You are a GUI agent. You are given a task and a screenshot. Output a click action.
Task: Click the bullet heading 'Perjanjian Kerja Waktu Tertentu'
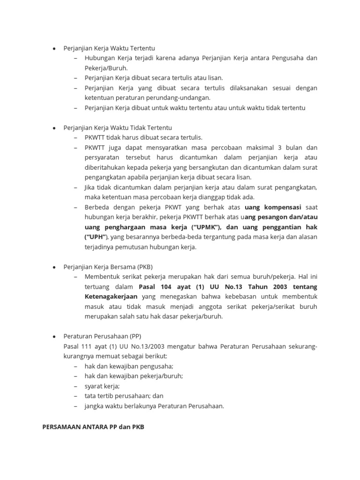[109, 48]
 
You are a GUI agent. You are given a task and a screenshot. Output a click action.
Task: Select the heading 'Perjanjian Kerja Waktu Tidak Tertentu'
[118, 127]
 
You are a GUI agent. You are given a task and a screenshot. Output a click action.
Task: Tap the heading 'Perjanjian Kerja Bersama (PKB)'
[108, 267]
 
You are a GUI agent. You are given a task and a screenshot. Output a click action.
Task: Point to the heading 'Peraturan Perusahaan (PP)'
[102, 336]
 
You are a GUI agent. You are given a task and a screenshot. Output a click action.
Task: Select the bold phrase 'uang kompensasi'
[273, 207]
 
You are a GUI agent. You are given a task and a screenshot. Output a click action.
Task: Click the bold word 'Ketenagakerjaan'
[111, 297]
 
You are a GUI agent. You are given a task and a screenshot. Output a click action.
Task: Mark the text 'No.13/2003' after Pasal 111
[157, 346]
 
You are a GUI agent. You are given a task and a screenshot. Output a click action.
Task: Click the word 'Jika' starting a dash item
[90, 187]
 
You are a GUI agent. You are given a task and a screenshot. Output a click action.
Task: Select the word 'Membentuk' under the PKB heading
[100, 277]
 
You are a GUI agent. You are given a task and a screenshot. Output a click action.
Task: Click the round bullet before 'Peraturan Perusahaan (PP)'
[54, 337]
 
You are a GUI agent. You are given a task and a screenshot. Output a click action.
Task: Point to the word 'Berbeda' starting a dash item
[96, 207]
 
